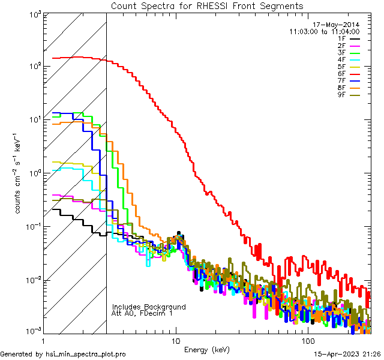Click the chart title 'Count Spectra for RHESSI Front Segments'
tap(207, 6)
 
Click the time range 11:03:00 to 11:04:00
tap(324, 32)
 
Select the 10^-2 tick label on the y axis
tap(31, 280)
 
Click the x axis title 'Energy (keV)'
tap(207, 350)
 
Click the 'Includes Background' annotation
tap(148, 307)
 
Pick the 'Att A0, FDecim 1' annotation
tap(142, 313)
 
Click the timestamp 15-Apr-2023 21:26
tap(346, 355)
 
